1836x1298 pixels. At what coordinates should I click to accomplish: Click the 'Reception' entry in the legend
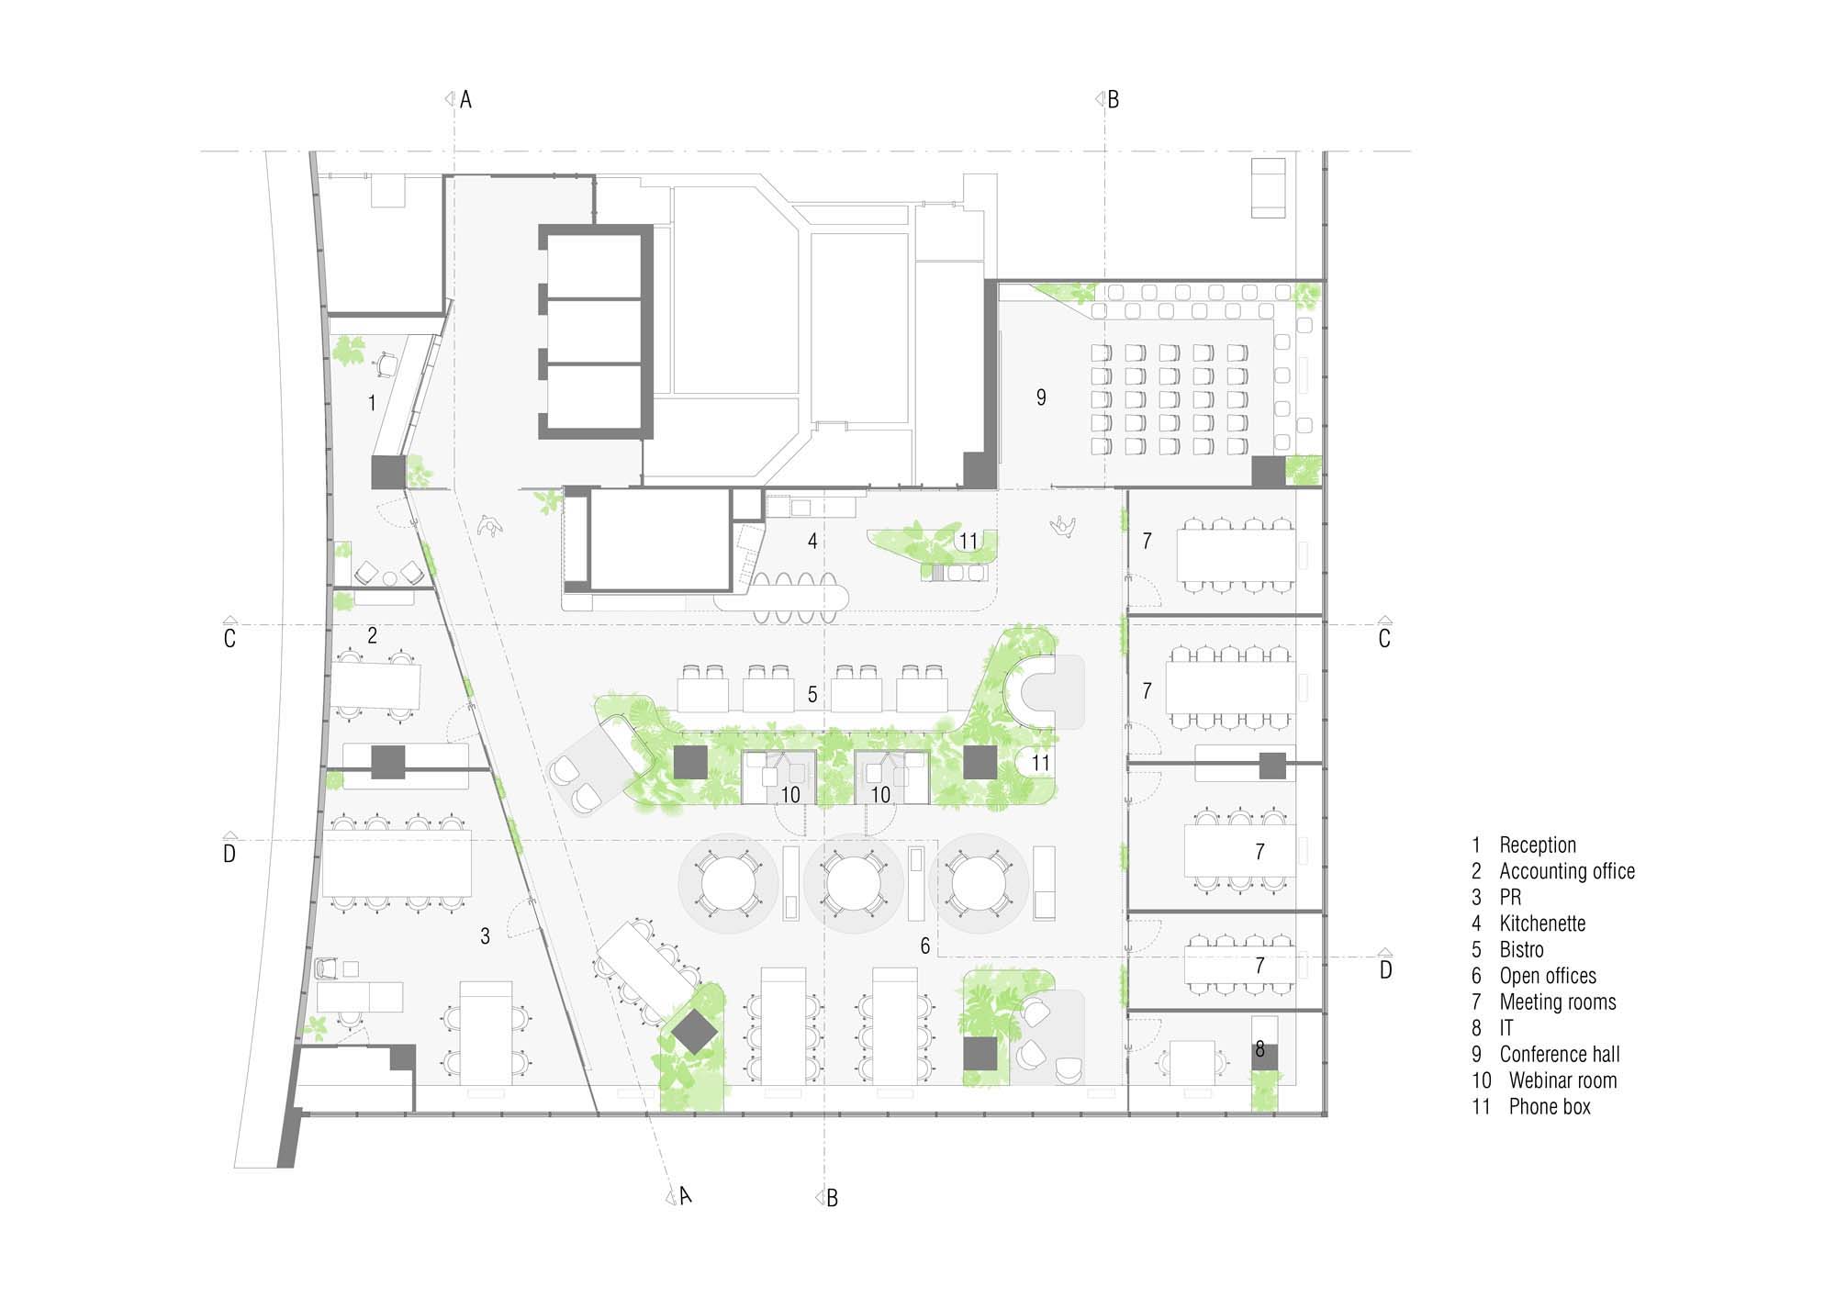(x=1538, y=845)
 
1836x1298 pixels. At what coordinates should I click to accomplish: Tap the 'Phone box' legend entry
(x=1550, y=1106)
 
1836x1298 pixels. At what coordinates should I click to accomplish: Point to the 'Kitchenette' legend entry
(x=1542, y=923)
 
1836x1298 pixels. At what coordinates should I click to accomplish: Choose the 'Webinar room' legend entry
(x=1562, y=1080)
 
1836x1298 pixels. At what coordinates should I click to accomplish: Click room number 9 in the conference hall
(x=1041, y=397)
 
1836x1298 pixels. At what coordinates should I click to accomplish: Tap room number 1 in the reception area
(x=372, y=402)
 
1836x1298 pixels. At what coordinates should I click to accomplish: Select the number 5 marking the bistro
(x=812, y=695)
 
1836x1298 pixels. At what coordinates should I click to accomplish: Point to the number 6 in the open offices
(x=925, y=946)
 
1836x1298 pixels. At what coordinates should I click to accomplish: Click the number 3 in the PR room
(x=485, y=936)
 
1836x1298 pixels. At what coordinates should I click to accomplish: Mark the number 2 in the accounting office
(x=372, y=635)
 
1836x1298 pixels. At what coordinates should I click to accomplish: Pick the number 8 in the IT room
(x=1259, y=1048)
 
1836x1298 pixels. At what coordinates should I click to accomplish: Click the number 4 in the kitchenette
(x=812, y=542)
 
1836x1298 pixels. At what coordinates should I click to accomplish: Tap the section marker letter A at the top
(x=465, y=100)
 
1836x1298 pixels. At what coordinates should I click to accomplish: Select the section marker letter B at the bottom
(x=832, y=1198)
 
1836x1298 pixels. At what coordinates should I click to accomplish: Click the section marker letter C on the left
(x=229, y=638)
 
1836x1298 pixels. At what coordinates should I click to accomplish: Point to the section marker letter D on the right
(x=1385, y=969)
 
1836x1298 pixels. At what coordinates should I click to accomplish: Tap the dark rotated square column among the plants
(x=695, y=1033)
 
